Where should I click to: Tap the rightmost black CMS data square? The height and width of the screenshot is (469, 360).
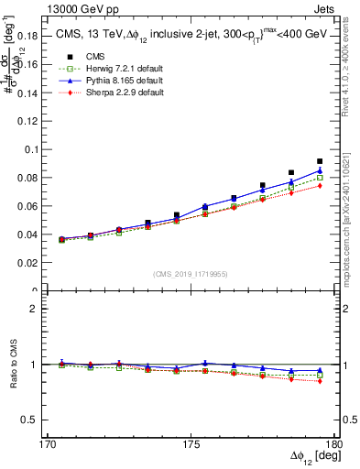pyautogui.click(x=320, y=161)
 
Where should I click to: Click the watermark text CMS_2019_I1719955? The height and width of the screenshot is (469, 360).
pyautogui.click(x=190, y=274)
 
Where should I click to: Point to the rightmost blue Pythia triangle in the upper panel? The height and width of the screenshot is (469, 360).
pyautogui.click(x=320, y=170)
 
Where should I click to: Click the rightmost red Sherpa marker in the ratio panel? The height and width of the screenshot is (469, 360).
pyautogui.click(x=320, y=381)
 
